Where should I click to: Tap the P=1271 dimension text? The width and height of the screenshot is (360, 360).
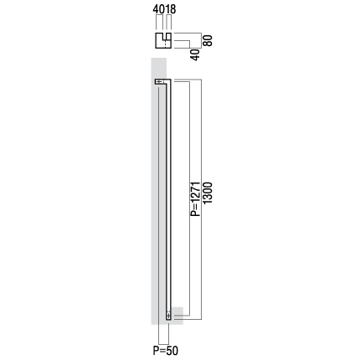pos(195,199)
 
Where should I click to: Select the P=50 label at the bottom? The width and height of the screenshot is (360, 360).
pos(165,351)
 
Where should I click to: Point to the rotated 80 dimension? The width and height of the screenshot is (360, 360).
pos(208,40)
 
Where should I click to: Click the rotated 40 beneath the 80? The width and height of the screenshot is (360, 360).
pos(195,54)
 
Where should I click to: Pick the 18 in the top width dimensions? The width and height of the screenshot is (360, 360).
pos(171,9)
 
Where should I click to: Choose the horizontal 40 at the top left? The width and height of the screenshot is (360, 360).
pos(159,9)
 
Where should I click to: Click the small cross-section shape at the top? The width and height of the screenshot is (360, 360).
pos(163,40)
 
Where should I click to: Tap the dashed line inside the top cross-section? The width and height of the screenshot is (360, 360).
pos(166,44)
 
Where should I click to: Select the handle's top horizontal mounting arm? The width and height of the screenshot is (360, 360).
pos(162,81)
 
